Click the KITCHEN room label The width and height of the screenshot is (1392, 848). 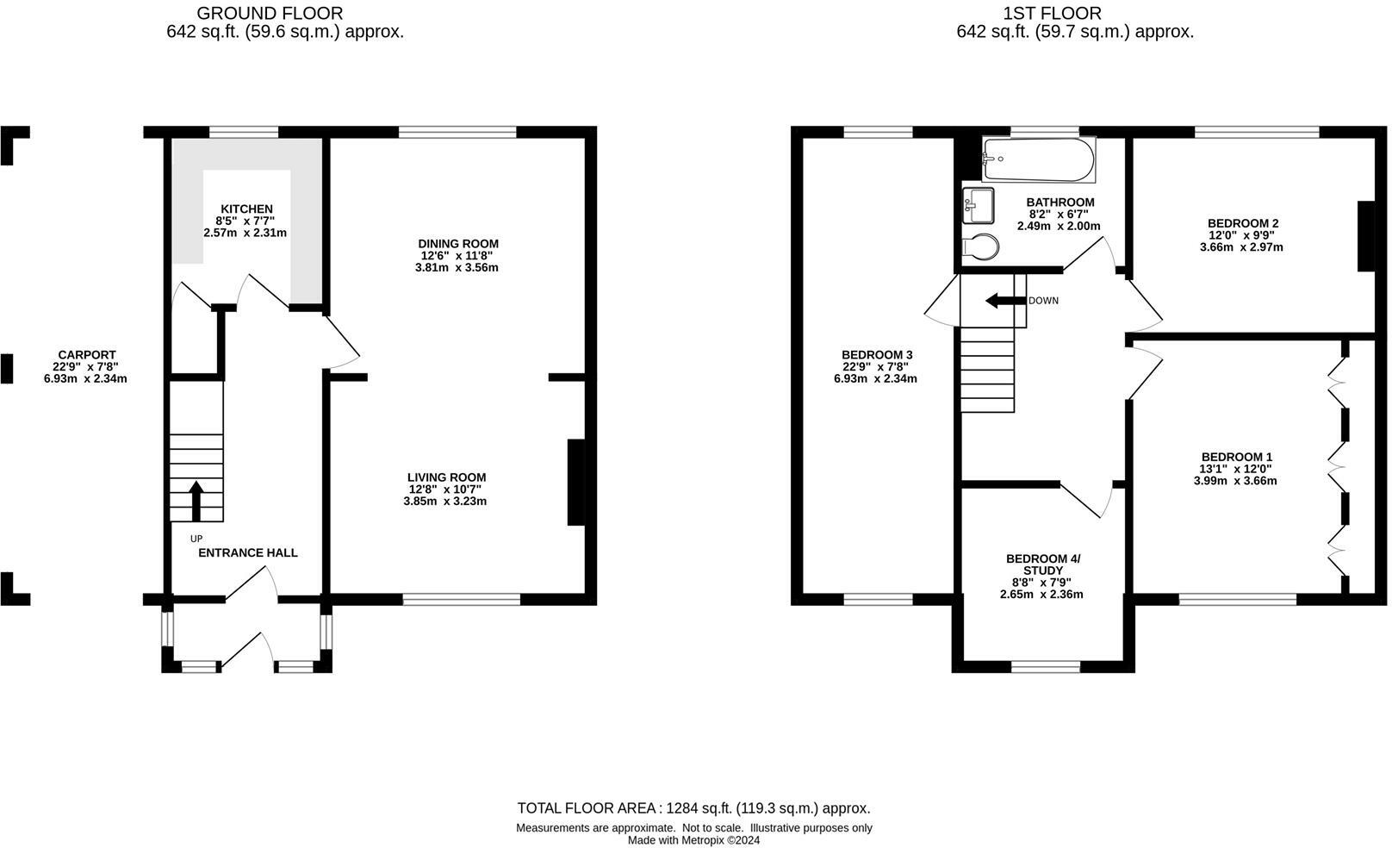(246, 209)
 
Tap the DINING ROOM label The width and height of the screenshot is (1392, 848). (458, 244)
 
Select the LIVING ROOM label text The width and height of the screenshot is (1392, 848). (446, 477)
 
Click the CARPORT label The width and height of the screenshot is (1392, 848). (86, 355)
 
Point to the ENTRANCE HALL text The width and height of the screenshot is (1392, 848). (248, 553)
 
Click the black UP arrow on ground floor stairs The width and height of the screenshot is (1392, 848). (196, 502)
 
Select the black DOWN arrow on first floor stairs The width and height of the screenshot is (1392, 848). (1003, 301)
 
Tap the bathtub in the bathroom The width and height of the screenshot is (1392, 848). (1039, 159)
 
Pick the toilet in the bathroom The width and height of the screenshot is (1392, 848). (980, 247)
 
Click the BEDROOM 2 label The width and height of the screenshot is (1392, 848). (1241, 223)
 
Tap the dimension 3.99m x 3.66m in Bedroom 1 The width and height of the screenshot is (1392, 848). (1235, 481)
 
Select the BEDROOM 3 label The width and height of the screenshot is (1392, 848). (877, 355)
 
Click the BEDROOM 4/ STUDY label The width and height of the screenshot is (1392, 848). (1042, 564)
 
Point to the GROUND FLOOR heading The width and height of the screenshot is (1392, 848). (270, 13)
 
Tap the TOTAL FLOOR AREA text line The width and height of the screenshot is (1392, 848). (693, 808)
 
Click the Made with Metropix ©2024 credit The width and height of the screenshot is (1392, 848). (693, 840)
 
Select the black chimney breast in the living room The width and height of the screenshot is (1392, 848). (575, 483)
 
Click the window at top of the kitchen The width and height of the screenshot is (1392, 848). (244, 133)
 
